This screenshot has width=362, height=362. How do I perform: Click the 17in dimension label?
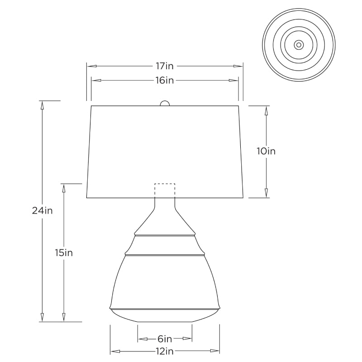pos(165,66)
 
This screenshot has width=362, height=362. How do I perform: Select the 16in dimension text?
pos(165,81)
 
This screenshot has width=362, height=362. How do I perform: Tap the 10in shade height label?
pos(266,151)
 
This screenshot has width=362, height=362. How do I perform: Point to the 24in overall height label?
pos(43,210)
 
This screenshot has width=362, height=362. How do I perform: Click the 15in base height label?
pos(64,252)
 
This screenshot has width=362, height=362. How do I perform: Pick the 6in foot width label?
pos(165,338)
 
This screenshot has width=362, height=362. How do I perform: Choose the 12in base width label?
pos(165,351)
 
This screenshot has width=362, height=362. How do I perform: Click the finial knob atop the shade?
pos(165,103)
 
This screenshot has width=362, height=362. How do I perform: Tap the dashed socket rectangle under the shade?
pos(165,190)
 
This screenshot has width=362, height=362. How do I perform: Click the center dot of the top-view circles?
pos(299,45)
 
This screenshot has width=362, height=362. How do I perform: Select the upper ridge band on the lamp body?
pos(165,235)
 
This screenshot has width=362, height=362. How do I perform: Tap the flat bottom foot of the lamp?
pos(165,320)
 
